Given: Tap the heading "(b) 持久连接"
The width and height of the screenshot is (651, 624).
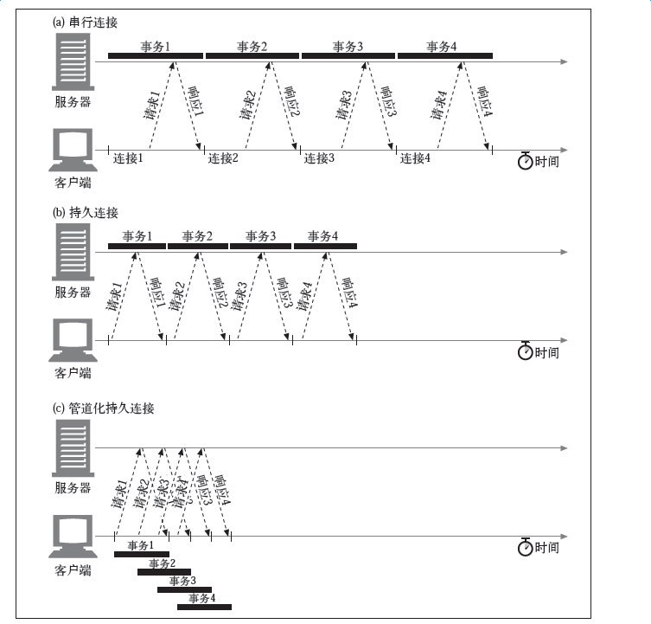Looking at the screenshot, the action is pyautogui.click(x=84, y=213).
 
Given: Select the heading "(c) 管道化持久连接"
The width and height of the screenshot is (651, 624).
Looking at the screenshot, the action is pyautogui.click(x=103, y=408).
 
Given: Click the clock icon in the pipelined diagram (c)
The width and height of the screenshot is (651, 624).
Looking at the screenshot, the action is pyautogui.click(x=525, y=547).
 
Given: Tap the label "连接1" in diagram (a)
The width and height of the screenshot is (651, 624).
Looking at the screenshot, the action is pyautogui.click(x=128, y=158).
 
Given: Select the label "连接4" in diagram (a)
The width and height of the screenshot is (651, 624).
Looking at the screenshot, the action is pyautogui.click(x=415, y=158).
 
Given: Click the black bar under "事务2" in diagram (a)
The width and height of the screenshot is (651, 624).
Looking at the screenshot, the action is pyautogui.click(x=252, y=56).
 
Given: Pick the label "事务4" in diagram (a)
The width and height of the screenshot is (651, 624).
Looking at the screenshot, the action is pyautogui.click(x=443, y=46).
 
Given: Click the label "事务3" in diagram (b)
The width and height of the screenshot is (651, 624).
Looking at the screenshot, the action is pyautogui.click(x=261, y=235).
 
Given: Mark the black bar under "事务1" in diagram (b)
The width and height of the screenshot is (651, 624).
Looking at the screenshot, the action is pyautogui.click(x=137, y=246).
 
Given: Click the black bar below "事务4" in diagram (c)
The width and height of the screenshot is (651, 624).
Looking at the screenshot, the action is pyautogui.click(x=204, y=608).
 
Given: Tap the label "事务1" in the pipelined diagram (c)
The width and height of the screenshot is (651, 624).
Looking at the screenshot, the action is pyautogui.click(x=141, y=545).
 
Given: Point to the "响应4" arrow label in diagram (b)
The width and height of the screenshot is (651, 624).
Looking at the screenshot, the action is pyautogui.click(x=350, y=293).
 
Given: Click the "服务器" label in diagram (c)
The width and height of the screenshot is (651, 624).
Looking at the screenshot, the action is pyautogui.click(x=73, y=487).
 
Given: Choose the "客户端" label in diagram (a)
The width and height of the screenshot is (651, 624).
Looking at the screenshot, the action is pyautogui.click(x=73, y=183).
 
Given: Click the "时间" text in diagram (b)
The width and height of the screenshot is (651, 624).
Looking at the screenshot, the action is pyautogui.click(x=546, y=352).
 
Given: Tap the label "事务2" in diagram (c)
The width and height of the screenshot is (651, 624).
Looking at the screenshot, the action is pyautogui.click(x=162, y=563).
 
